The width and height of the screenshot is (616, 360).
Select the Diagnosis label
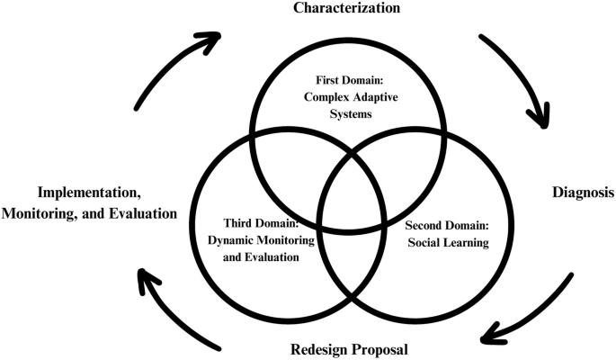[582, 192]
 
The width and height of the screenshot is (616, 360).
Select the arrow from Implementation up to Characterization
[171, 67]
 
